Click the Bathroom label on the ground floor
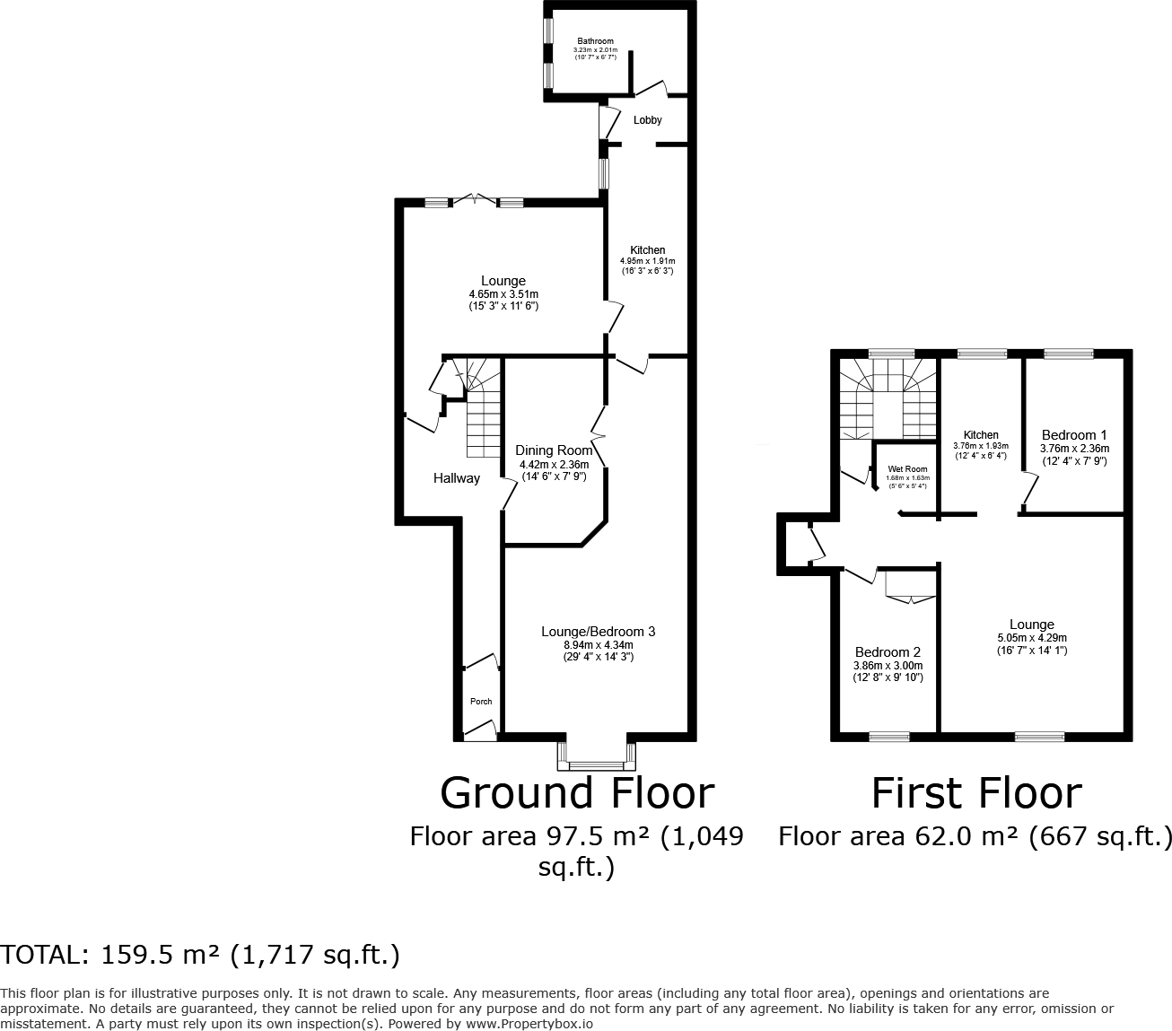click(595, 41)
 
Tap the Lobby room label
click(647, 120)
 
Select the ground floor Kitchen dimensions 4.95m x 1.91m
click(647, 261)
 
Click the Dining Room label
click(554, 450)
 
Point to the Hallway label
click(457, 478)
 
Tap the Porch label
click(481, 702)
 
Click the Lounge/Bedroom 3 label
click(598, 632)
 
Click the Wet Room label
click(907, 469)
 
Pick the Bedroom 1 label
click(1074, 435)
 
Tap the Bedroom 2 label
click(888, 652)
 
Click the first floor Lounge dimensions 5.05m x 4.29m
click(1031, 638)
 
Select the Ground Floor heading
click(577, 793)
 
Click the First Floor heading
click(976, 793)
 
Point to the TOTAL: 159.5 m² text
click(200, 955)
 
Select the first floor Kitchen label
click(980, 435)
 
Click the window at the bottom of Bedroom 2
click(888, 737)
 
